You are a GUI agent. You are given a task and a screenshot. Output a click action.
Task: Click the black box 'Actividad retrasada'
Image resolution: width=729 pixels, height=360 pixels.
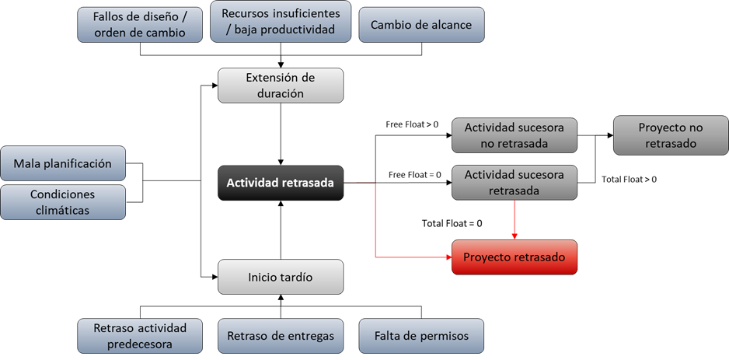[281, 183]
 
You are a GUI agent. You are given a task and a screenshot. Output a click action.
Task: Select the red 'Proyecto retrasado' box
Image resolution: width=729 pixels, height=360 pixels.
[514, 257]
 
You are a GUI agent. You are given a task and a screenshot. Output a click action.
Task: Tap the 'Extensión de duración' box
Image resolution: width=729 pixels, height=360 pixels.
[281, 86]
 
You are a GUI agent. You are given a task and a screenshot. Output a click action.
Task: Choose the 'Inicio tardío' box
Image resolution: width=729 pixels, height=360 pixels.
[281, 278]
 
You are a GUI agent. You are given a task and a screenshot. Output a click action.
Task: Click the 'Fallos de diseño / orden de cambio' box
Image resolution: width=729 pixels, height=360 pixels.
[140, 25]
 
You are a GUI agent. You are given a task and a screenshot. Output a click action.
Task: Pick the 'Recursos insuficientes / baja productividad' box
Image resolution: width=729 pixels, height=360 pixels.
[281, 22]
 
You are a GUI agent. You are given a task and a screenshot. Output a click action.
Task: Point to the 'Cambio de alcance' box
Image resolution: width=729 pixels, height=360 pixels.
[422, 25]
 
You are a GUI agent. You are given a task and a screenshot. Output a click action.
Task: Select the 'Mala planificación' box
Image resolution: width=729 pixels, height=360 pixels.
[63, 163]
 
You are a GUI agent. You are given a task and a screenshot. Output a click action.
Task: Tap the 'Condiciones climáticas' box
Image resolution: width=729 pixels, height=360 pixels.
[63, 202]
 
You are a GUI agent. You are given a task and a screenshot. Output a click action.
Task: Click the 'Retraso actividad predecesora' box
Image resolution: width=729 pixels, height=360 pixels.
[140, 336]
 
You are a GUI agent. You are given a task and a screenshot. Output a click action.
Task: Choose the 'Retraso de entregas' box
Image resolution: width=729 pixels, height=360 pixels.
[281, 336]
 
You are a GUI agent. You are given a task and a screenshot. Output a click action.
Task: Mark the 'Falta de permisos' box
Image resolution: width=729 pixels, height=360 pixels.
[422, 336]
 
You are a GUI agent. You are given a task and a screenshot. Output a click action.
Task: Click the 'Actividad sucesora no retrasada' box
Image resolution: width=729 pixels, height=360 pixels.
[514, 135]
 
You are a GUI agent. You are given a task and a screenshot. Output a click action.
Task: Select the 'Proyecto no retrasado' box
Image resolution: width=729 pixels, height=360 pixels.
[671, 135]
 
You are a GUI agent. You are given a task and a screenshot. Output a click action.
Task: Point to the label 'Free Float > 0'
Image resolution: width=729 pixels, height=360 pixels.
[412, 124]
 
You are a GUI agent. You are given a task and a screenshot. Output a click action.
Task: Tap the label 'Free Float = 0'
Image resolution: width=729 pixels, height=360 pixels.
[415, 175]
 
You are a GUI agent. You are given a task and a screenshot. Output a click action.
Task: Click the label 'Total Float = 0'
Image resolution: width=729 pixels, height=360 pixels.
[452, 223]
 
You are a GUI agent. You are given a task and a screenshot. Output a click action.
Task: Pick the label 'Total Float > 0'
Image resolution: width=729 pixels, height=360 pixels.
[629, 179]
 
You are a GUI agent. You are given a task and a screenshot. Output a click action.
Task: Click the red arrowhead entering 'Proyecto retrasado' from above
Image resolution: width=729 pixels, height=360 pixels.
[514, 236]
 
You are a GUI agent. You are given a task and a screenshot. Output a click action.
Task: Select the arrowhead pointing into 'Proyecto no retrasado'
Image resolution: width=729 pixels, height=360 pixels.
[610, 135]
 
